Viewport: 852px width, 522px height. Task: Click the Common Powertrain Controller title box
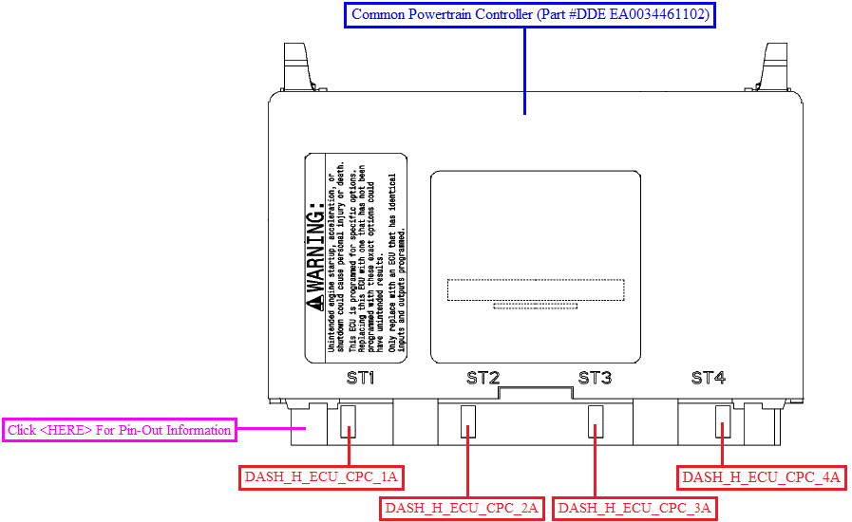coord(528,15)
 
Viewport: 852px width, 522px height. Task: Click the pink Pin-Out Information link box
coord(120,430)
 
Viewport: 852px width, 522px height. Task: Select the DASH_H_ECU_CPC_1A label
coord(321,477)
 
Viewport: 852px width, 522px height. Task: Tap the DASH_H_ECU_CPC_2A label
coord(462,509)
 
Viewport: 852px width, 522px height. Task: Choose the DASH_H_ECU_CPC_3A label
coord(634,509)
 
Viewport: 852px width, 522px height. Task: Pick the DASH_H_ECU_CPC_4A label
coord(762,477)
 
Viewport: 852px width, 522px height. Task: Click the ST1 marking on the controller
coord(361,378)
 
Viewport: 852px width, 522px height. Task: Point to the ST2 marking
coord(483,378)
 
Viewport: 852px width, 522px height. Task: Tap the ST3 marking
coord(595,378)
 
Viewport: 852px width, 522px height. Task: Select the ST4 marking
coord(708,378)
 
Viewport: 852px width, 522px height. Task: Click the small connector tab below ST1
coord(349,419)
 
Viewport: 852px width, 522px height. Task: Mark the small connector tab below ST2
coord(468,419)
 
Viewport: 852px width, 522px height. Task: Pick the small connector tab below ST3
coord(596,419)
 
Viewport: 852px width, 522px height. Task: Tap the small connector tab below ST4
coord(723,419)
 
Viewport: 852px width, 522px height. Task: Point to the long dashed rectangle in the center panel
coord(536,289)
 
